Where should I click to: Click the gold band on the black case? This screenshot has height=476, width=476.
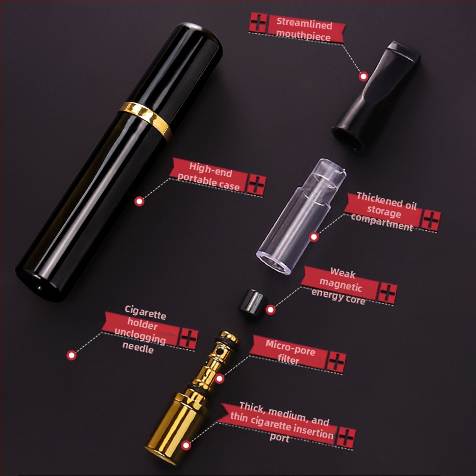coord(145,120)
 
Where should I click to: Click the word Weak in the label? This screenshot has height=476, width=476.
coord(342,272)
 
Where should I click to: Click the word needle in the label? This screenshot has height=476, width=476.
coord(138,349)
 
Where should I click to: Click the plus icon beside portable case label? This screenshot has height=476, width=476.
coord(256,184)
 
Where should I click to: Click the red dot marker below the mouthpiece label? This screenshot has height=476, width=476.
coord(363,76)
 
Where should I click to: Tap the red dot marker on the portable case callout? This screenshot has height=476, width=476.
coord(139,202)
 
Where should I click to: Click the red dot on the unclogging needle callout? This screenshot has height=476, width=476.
coord(71,355)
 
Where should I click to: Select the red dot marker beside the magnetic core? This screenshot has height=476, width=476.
coord(271,309)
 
